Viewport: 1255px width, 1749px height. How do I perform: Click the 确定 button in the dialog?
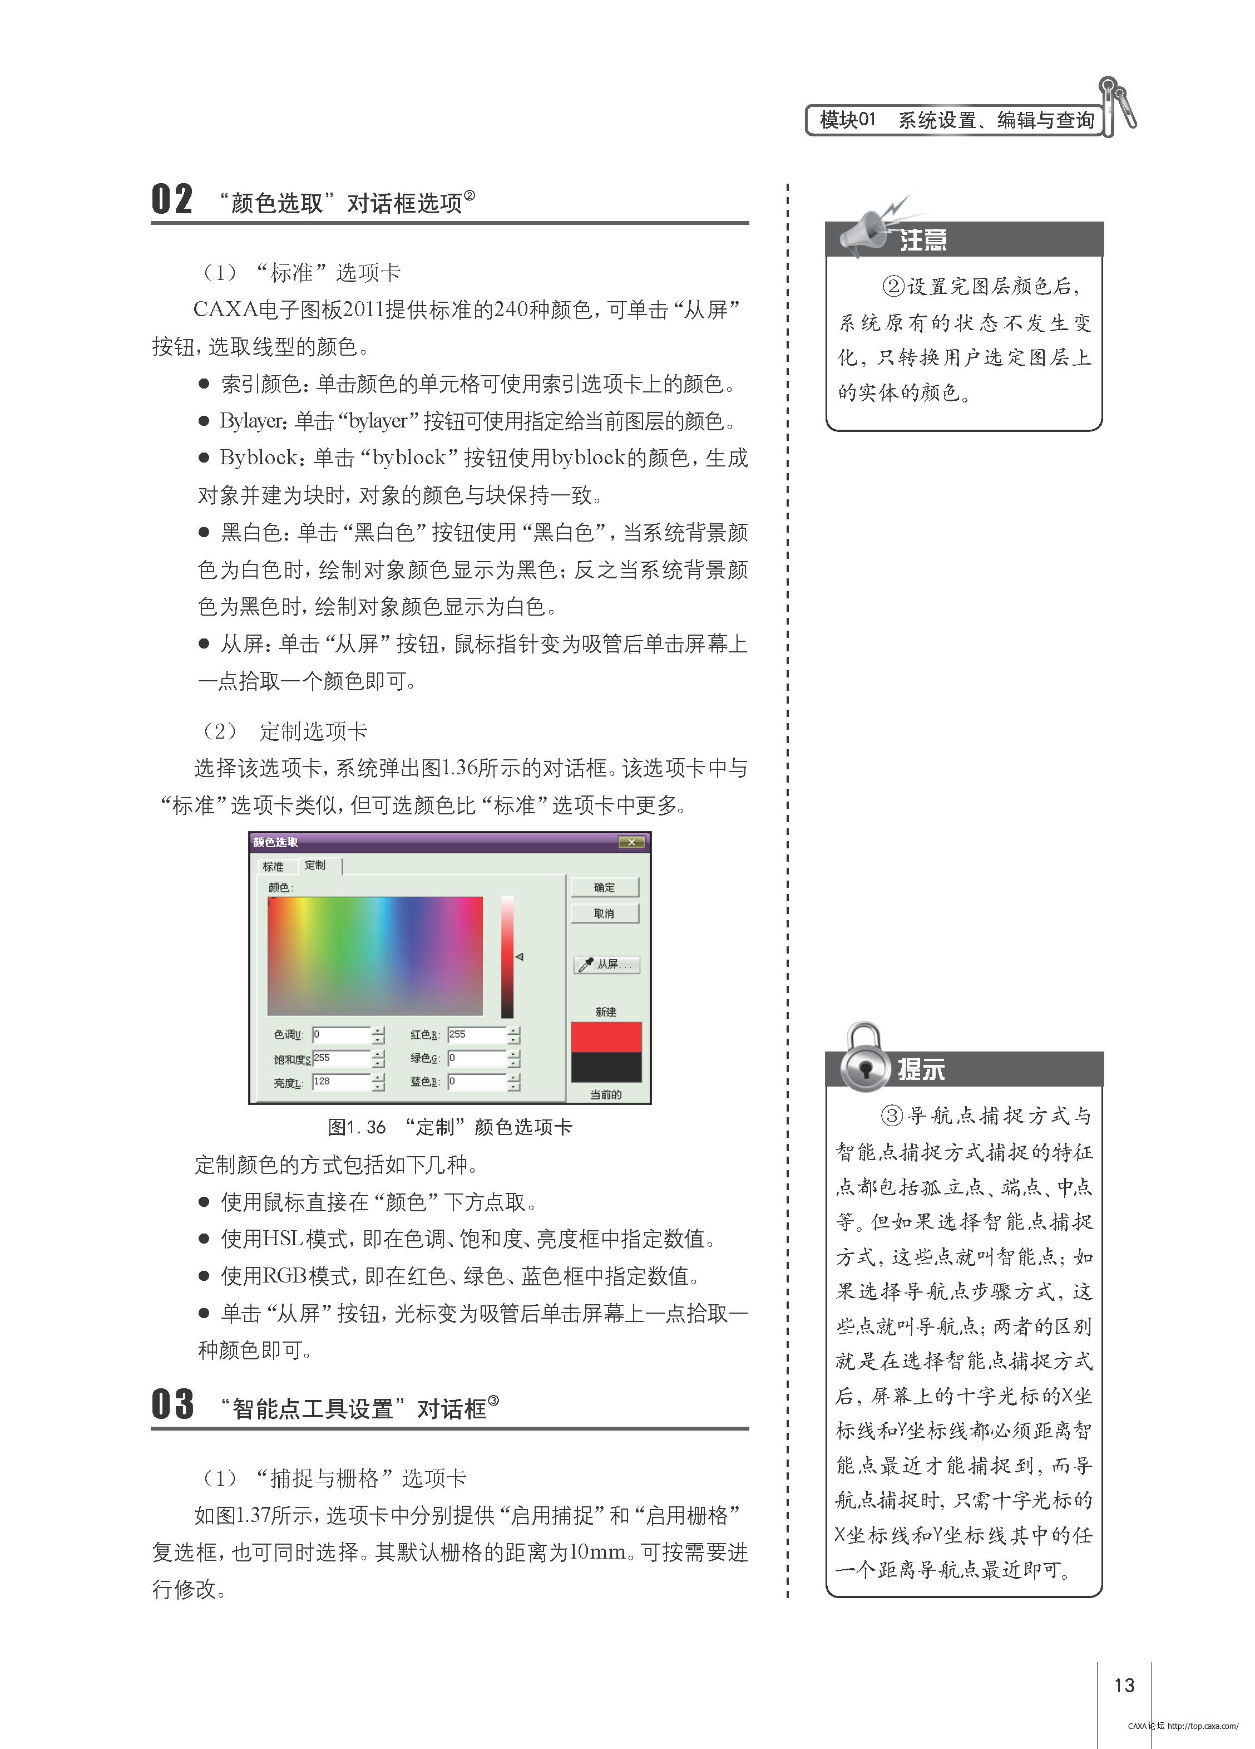coord(604,888)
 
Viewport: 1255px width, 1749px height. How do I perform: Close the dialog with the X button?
coord(631,842)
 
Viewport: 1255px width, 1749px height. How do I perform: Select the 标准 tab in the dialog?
coord(273,867)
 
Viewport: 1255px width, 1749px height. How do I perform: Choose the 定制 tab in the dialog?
coord(315,865)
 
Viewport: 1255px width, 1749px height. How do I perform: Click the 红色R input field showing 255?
coord(476,1034)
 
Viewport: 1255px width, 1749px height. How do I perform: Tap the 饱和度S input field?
coord(341,1058)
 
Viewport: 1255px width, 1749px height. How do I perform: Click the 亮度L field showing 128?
coord(341,1082)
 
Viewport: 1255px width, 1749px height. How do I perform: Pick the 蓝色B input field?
coord(476,1082)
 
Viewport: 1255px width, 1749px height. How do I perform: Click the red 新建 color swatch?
coord(606,1036)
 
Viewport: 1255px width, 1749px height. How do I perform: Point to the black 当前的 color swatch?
coord(606,1067)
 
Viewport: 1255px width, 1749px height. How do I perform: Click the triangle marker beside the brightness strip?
coord(520,957)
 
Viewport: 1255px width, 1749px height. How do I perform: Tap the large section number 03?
coord(172,1404)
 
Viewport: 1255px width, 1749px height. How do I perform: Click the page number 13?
coord(1124,1685)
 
